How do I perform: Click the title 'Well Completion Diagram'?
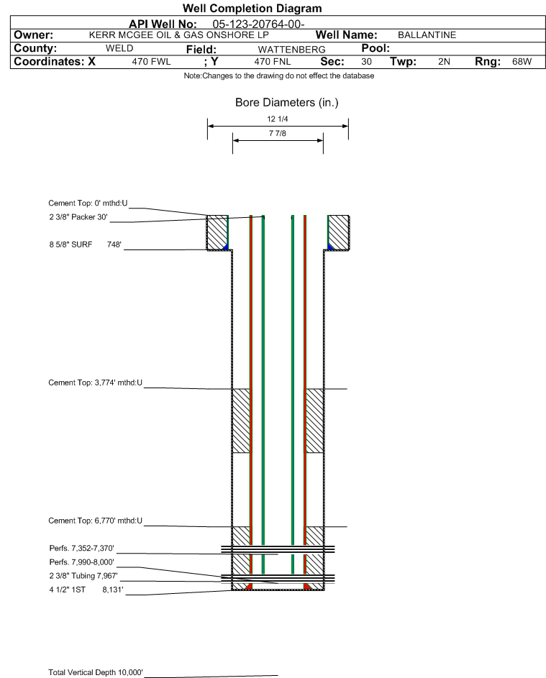click(252, 8)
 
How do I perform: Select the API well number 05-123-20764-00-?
click(258, 24)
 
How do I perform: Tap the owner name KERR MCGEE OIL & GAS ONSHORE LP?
click(178, 35)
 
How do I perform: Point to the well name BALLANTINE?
click(427, 35)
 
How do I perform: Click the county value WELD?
click(119, 48)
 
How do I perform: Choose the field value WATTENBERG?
click(291, 50)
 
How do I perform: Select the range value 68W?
click(522, 61)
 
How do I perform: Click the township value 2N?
click(444, 61)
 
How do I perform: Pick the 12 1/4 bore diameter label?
click(278, 119)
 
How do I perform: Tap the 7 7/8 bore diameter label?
click(278, 133)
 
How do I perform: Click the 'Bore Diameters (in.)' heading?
click(287, 103)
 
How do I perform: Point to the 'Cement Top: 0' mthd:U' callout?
click(88, 203)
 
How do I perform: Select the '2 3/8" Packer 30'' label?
click(78, 217)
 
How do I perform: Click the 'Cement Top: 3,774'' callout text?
click(95, 382)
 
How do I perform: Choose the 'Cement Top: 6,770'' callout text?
click(95, 521)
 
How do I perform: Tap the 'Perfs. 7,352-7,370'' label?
click(82, 549)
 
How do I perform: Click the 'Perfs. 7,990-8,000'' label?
click(82, 562)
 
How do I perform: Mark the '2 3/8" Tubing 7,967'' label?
click(83, 576)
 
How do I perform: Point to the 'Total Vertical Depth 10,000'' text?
click(96, 672)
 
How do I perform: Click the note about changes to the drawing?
click(279, 75)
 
